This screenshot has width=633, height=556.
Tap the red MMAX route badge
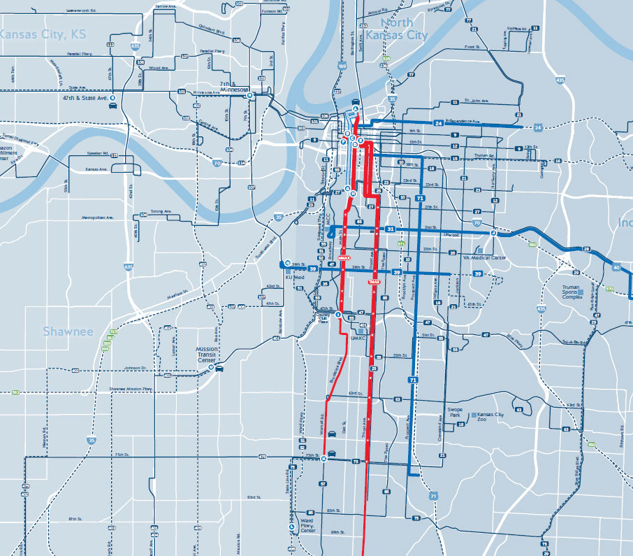342,258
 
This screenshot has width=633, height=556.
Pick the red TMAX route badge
374,281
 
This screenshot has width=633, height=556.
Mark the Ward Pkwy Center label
307,525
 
